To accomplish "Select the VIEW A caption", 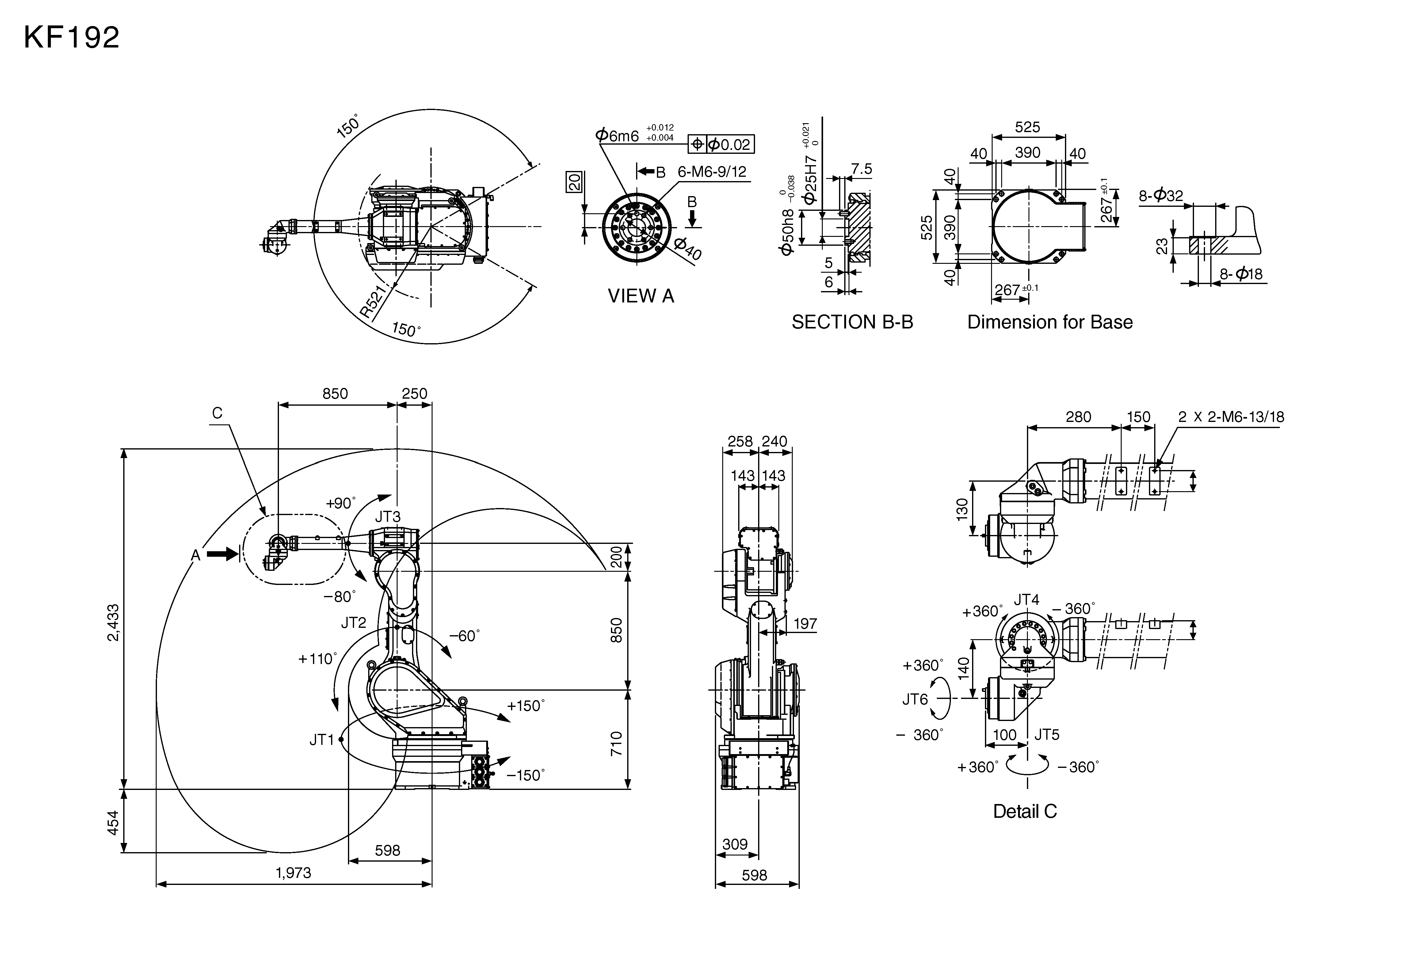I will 640,296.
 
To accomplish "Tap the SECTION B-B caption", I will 852,322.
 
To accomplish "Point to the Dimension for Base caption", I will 1049,322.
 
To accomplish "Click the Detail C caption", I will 1024,811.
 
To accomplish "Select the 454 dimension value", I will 113,822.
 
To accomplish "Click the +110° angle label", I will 317,658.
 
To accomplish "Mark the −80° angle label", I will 340,597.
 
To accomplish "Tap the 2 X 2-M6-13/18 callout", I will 1230,417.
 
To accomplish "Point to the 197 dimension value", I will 805,623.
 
